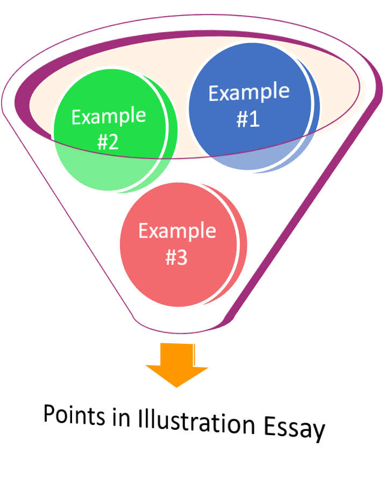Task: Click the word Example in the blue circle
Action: point(248,92)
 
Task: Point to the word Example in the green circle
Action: point(109,117)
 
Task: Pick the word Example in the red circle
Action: point(177,231)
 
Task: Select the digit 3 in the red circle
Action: point(182,258)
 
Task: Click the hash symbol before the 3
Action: point(171,258)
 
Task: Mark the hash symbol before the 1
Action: point(242,119)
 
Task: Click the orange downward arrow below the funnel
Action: point(177,365)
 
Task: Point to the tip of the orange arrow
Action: point(177,386)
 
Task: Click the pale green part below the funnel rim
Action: point(108,172)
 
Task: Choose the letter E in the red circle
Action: point(144,231)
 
